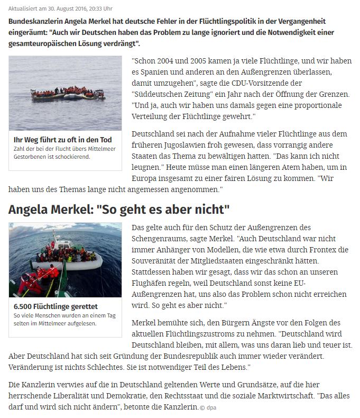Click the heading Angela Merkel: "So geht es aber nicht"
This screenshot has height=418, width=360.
click(x=119, y=209)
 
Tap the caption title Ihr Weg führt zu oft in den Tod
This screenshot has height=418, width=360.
click(x=62, y=140)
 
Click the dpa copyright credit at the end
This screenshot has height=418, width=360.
click(x=207, y=407)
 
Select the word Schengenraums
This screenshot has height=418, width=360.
click(x=164, y=237)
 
